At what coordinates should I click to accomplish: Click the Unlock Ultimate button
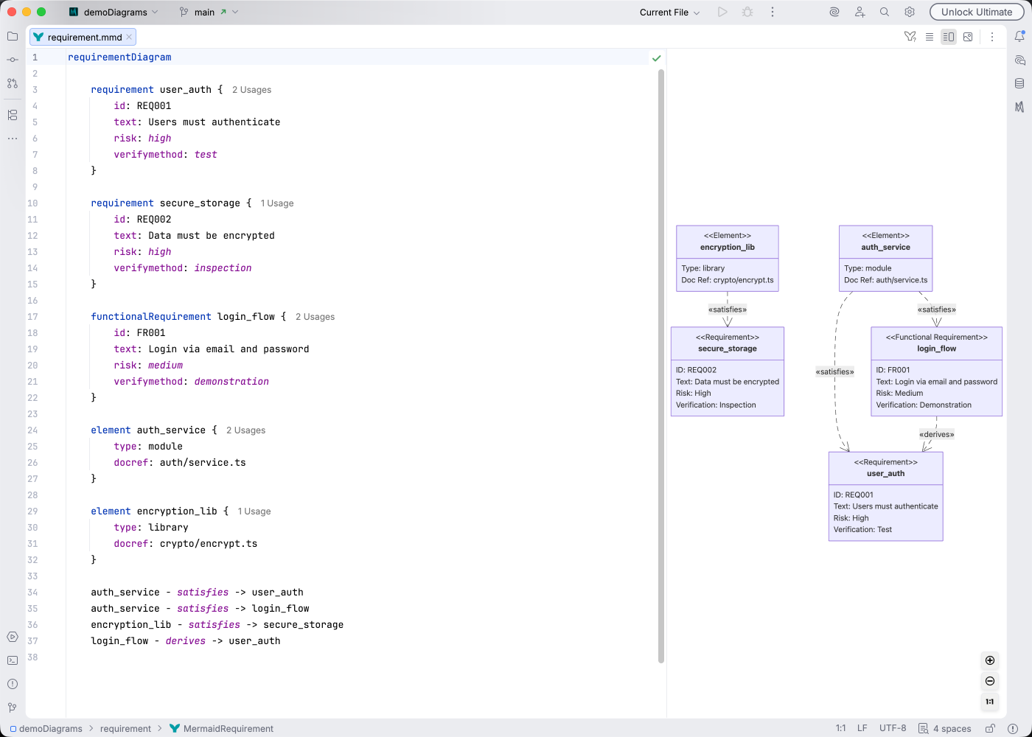pos(976,12)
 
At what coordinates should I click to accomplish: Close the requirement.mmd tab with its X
pos(129,37)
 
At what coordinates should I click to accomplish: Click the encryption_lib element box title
pos(727,248)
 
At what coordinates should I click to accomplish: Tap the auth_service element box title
pos(885,248)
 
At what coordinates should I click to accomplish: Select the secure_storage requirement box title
pos(727,349)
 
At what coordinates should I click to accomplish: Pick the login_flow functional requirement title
pos(936,349)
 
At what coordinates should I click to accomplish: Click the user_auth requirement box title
pos(885,474)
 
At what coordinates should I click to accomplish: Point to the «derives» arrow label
pos(936,434)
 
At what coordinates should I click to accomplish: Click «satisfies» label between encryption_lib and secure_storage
pos(727,310)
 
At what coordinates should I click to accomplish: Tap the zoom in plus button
pos(990,660)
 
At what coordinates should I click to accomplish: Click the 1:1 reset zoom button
pos(990,702)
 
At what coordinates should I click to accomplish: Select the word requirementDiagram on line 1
pos(119,57)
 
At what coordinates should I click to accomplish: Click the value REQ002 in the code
pos(153,219)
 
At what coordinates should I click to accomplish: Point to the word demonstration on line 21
pos(231,381)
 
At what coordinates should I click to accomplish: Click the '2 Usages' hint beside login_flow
pos(315,317)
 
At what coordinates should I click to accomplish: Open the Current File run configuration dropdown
pos(669,12)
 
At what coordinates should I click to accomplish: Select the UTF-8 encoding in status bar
pos(893,728)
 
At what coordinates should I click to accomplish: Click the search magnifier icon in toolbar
pos(884,12)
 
